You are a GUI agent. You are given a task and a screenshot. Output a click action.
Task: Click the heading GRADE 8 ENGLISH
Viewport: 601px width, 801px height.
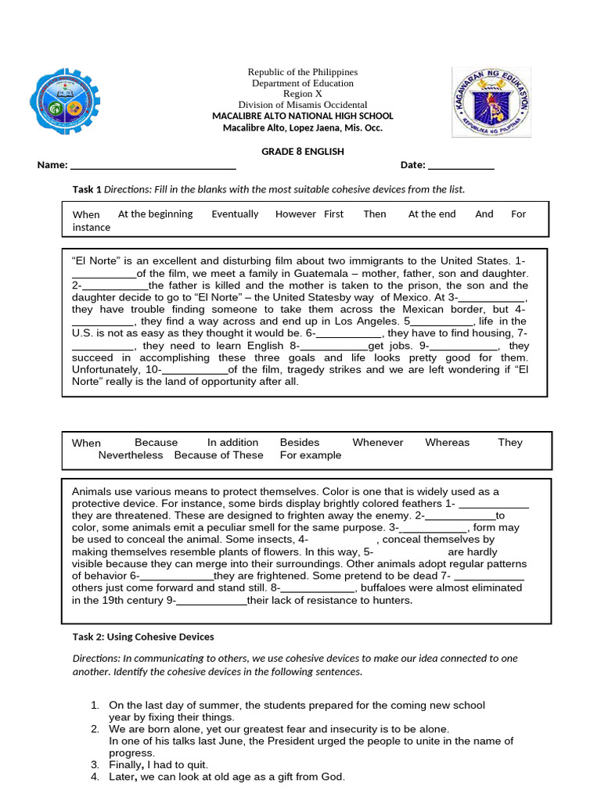302,152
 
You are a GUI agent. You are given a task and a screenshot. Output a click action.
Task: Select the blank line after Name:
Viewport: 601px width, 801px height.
153,166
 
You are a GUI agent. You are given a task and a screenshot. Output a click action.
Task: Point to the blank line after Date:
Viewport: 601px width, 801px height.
461,166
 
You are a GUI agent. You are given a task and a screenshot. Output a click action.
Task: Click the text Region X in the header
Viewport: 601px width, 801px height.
302,94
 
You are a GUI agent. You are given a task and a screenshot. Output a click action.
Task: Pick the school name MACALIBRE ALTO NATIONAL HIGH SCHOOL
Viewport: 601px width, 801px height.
302,116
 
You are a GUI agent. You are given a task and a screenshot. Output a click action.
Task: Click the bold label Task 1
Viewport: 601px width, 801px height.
87,189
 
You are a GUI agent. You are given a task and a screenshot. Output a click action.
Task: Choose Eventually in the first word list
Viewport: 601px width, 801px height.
235,214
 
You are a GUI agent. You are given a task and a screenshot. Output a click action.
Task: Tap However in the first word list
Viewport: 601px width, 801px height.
296,214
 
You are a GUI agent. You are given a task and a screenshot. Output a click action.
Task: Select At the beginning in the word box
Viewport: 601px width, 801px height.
155,214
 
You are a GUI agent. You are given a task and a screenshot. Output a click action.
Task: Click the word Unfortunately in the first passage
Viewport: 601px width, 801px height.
106,369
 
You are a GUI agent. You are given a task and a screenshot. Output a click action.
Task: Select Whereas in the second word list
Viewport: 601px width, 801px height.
447,442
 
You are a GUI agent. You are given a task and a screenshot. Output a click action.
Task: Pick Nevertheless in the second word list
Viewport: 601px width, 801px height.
131,454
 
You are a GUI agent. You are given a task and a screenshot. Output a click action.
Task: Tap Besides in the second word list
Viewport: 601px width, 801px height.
300,442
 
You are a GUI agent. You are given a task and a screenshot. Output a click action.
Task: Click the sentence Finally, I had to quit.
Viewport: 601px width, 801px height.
159,764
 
